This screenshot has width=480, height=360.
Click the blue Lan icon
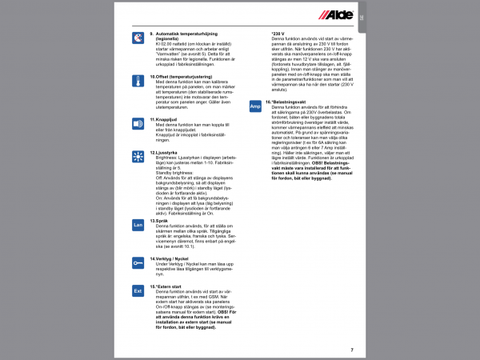pyautogui.click(x=138, y=226)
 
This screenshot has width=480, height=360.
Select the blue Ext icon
pyautogui.click(x=138, y=292)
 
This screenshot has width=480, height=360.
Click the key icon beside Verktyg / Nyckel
pyautogui.click(x=138, y=262)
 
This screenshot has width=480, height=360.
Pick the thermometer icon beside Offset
pyautogui.click(x=138, y=81)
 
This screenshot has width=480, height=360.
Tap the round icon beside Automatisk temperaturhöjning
pyautogui.click(x=138, y=38)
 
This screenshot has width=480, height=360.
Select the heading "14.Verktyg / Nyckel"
pyautogui.click(x=175, y=258)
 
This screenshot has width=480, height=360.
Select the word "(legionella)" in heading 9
pyautogui.click(x=170, y=38)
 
